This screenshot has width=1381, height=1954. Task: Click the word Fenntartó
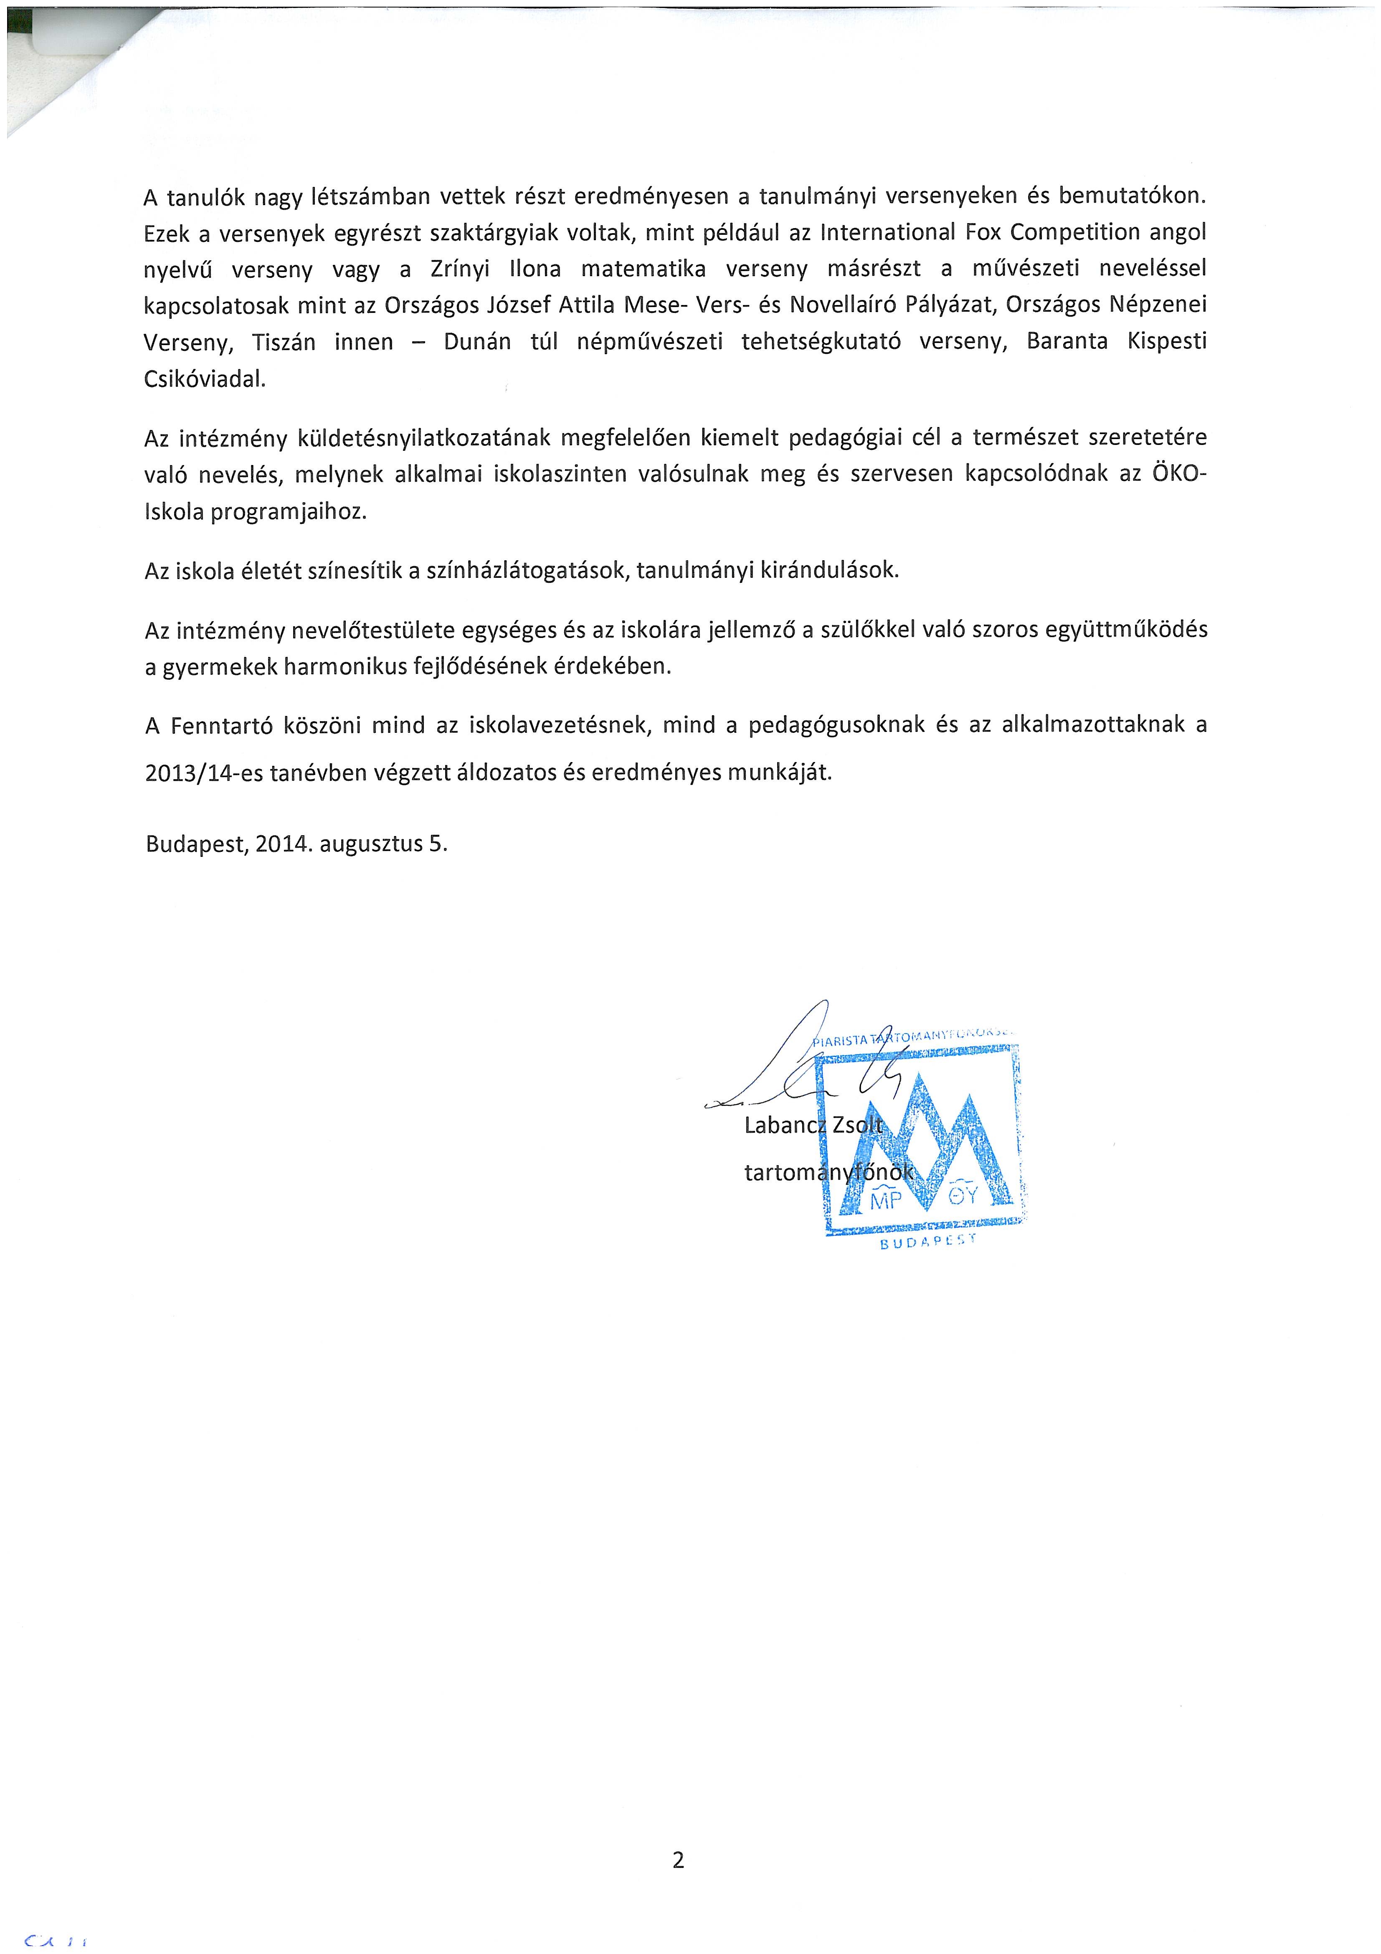click(221, 726)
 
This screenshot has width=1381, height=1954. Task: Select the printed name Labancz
click(785, 1125)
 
